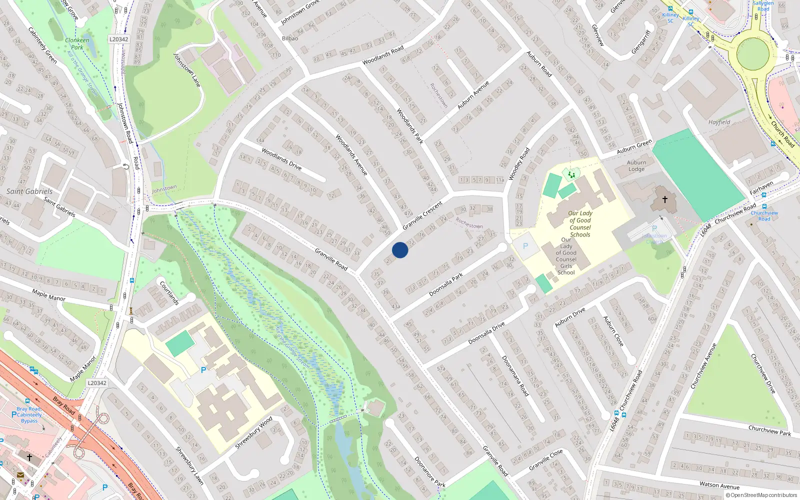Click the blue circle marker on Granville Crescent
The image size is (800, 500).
coord(400,250)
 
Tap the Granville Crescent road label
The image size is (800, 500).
coord(422,215)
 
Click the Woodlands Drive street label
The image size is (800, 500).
coord(281,159)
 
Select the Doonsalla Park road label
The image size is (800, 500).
coord(446,284)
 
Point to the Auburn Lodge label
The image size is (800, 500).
coord(636,165)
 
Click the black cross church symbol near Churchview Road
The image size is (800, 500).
coord(665,199)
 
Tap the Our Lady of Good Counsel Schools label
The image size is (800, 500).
coord(580,223)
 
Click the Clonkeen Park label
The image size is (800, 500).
coord(77,43)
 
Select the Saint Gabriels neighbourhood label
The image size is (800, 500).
coord(29,191)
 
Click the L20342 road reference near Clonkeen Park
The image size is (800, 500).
coord(118,39)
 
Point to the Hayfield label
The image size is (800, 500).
coord(719,122)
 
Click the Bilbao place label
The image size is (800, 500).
coord(290,38)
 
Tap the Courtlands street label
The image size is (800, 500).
coord(169,292)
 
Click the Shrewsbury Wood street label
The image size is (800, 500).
coord(254,432)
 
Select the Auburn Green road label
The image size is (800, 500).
coord(634,146)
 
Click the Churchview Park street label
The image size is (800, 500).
coord(769,430)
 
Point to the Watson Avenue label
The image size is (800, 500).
coord(719,485)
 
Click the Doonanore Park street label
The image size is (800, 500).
coord(429,471)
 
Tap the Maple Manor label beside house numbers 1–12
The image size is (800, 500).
coord(48,295)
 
